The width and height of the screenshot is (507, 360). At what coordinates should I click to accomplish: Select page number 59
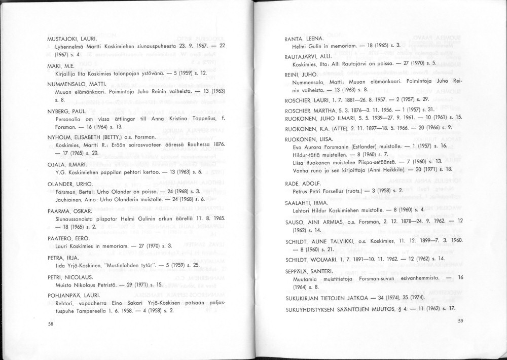pos(460,320)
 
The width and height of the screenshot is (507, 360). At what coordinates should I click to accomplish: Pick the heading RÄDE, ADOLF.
pos(303,183)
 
